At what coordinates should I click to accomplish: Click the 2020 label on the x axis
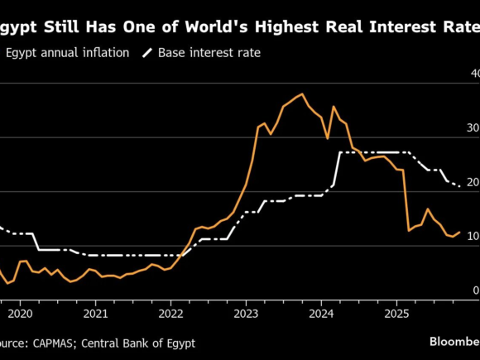tap(19, 314)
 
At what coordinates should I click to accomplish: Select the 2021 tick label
tap(95, 314)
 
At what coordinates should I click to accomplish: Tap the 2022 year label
tap(170, 314)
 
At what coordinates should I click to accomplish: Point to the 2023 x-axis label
tap(246, 314)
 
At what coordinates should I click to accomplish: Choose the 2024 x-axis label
tap(321, 314)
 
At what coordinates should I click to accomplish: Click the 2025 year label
tap(396, 314)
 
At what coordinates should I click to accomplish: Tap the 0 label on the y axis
tap(476, 290)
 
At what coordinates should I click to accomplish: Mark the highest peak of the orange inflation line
tap(302, 94)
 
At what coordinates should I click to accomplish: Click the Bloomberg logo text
tap(454, 342)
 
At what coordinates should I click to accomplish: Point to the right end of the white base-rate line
tap(460, 186)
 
